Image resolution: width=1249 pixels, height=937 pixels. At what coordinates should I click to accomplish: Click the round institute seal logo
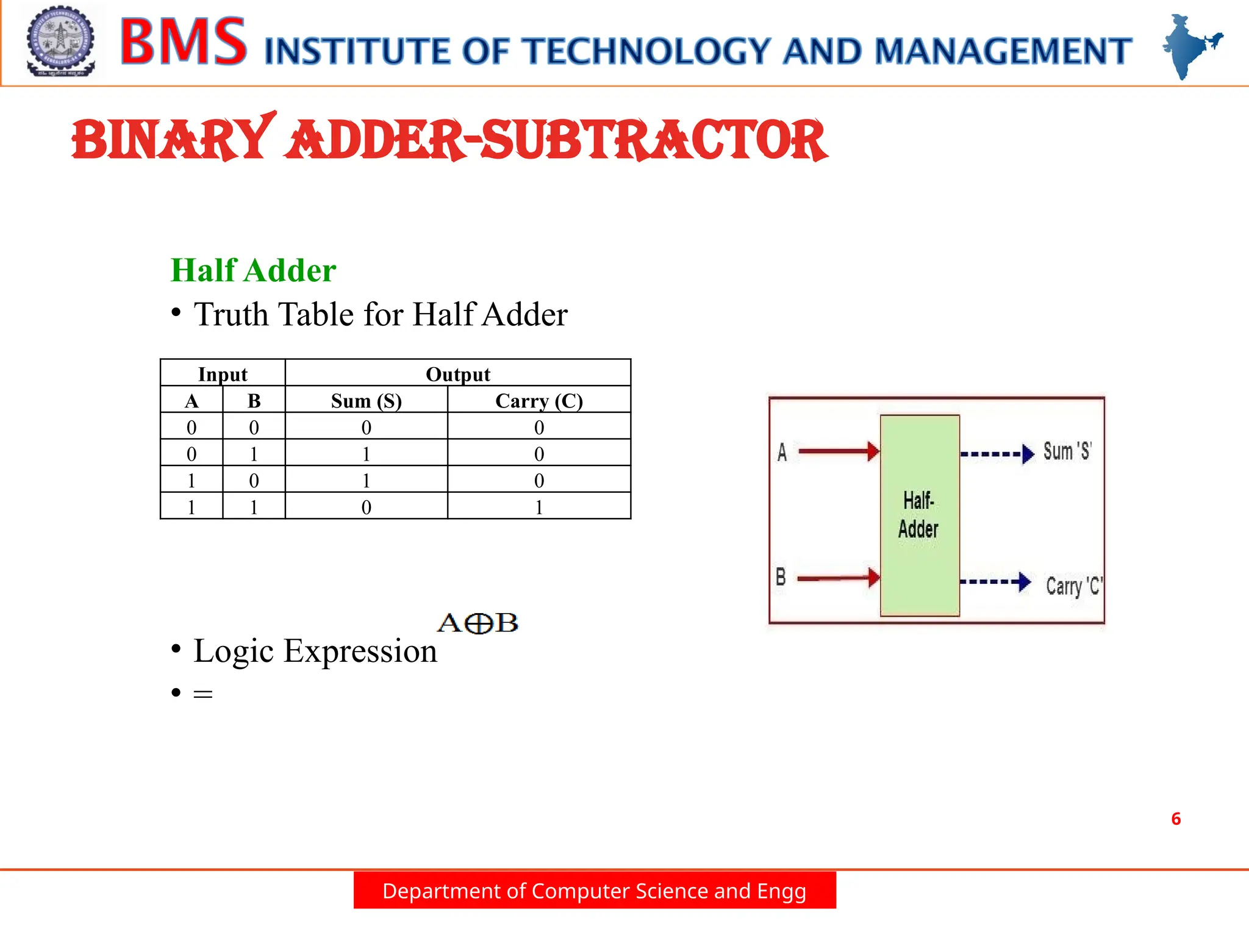60,41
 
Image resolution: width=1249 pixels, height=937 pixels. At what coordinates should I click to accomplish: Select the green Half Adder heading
253,270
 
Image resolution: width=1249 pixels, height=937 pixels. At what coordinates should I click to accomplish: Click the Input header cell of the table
223,373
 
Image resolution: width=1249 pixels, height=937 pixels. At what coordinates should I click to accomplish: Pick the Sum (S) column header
366,401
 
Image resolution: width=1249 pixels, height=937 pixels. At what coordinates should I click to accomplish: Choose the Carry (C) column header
539,401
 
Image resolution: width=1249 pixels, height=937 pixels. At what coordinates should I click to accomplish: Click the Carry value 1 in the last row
539,507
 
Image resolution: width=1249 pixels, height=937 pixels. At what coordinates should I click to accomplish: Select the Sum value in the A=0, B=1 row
366,454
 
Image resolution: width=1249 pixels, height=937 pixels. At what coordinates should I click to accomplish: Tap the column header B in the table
254,401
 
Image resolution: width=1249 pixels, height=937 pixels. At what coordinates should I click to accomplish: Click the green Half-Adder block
920,515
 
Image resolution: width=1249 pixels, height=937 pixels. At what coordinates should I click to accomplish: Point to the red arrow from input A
839,451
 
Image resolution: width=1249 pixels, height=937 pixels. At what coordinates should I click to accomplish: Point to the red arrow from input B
839,578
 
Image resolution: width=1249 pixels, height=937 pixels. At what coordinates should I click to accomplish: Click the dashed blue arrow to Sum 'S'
997,454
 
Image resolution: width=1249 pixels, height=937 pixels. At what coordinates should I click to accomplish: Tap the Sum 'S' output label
1067,451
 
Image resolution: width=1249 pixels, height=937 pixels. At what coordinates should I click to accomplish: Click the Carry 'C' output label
1074,586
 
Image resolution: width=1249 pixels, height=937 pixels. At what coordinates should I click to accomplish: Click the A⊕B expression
478,623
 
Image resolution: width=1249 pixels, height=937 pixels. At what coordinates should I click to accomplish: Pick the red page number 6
1176,819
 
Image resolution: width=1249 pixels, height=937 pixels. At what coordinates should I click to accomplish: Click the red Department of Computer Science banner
595,891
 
